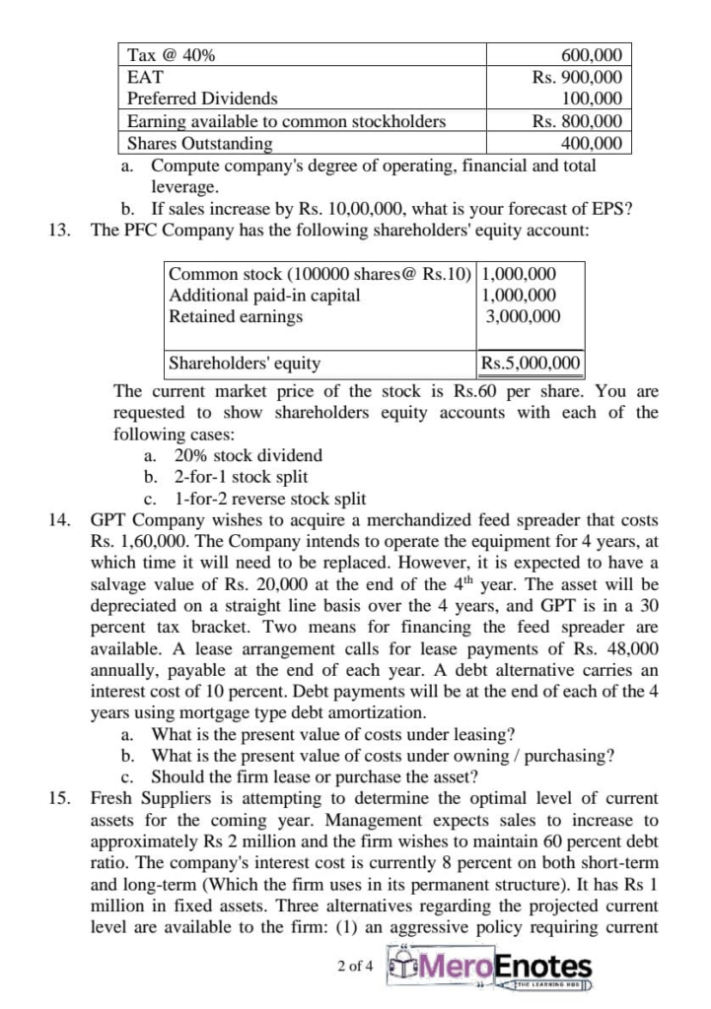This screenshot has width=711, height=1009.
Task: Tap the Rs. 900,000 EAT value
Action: coord(577,77)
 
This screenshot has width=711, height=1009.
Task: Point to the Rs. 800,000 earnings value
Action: coord(577,121)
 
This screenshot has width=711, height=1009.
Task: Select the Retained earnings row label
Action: coord(237,316)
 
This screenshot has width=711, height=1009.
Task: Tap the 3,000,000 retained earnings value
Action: coord(524,316)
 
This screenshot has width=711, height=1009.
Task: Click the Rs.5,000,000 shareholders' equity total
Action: coord(530,363)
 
